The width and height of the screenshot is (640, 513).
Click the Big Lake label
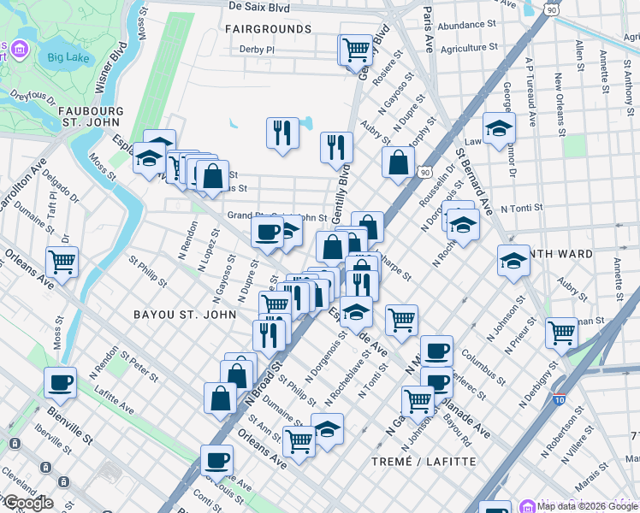(68, 58)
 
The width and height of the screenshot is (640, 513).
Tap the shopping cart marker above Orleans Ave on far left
(62, 262)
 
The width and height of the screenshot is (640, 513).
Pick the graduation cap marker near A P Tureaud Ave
(499, 129)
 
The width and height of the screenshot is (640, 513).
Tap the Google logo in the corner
(27, 503)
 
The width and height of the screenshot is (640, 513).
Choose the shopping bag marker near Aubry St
(398, 162)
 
